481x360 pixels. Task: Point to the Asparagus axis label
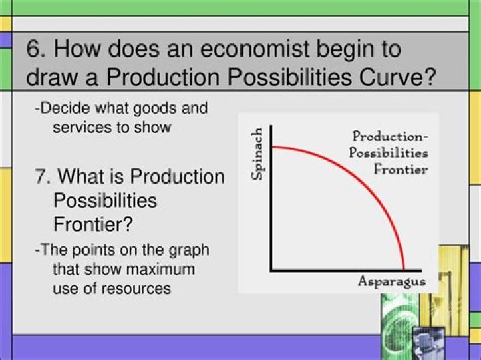point(391,281)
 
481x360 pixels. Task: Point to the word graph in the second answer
point(190,250)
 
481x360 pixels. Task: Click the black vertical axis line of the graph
point(270,200)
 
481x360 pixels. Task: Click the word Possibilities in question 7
point(105,200)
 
